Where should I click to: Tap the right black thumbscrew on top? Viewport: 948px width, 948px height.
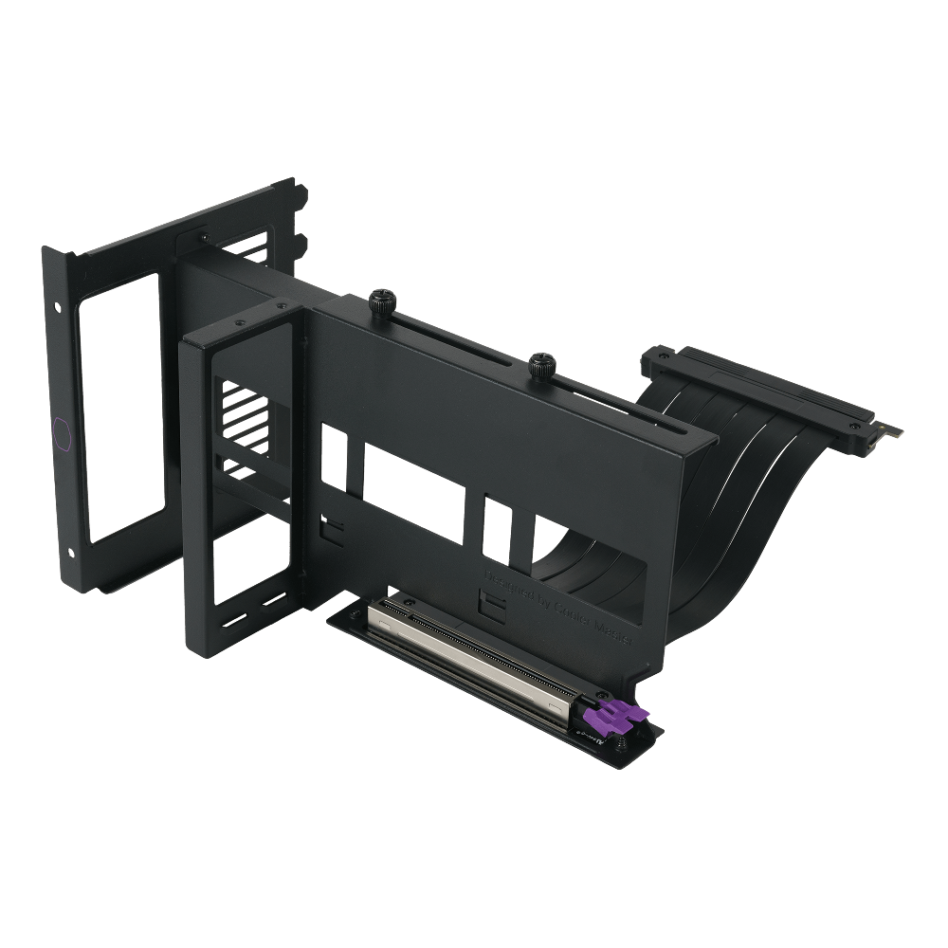[x=542, y=362]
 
